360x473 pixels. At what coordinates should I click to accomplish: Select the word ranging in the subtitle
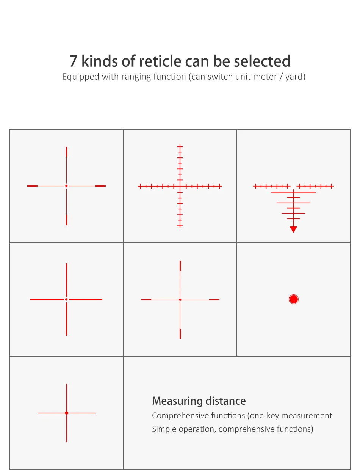point(136,77)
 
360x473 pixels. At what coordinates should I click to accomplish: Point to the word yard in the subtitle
point(295,77)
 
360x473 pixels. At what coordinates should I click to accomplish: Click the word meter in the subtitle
point(265,77)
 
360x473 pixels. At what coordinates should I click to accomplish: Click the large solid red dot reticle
point(294,299)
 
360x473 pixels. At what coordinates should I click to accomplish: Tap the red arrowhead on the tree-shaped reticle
point(293,229)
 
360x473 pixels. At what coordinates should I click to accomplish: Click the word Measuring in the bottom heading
point(177,401)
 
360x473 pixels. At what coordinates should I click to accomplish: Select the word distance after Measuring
point(225,401)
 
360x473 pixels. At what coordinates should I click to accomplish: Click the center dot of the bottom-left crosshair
point(67,413)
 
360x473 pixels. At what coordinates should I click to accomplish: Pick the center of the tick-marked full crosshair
point(180,186)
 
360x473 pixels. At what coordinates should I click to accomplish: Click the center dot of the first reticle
point(66,186)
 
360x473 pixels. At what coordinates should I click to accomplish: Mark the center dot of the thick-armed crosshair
point(66,299)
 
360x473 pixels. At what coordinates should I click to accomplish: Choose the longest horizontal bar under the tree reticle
point(293,192)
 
